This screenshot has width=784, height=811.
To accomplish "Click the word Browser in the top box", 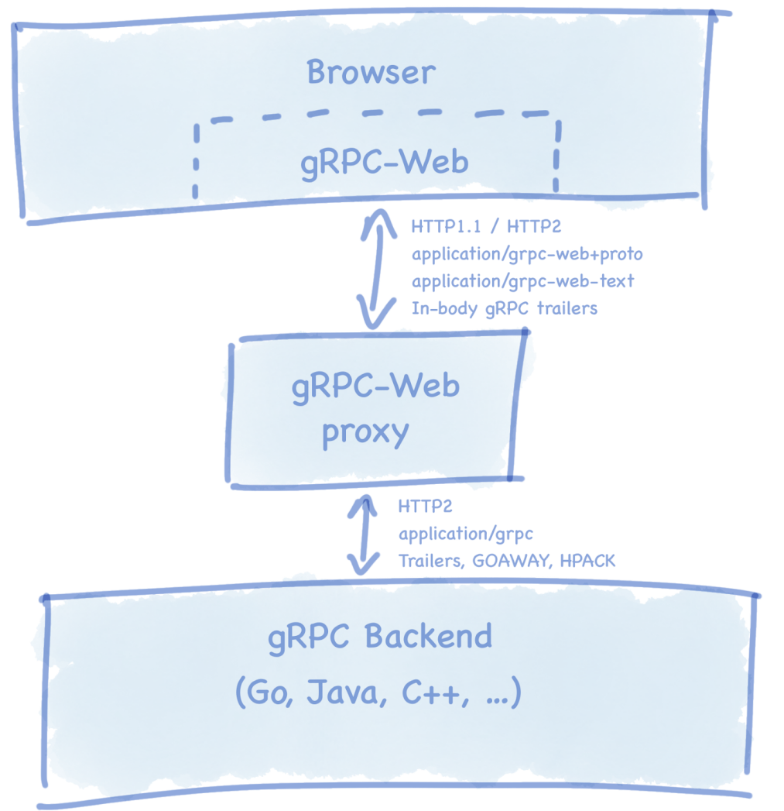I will click(371, 73).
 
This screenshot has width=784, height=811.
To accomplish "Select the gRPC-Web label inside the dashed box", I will click(384, 163).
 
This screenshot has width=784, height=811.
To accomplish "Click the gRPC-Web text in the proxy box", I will click(375, 385).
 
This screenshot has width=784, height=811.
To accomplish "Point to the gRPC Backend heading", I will click(379, 637).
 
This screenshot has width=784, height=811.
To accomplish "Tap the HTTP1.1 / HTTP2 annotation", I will click(487, 228).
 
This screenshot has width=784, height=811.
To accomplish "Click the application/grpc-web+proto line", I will click(527, 254).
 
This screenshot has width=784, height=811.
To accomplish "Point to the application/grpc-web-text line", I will click(522, 281).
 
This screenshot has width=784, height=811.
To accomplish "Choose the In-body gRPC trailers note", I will click(504, 308).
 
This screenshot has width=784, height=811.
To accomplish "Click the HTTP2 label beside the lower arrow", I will click(425, 507).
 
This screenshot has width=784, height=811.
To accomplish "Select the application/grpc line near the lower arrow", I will click(465, 534).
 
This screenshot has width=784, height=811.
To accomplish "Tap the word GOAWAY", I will click(518, 561).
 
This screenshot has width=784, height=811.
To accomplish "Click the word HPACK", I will click(588, 561).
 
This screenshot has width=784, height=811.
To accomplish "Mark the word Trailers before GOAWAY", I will click(430, 561).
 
